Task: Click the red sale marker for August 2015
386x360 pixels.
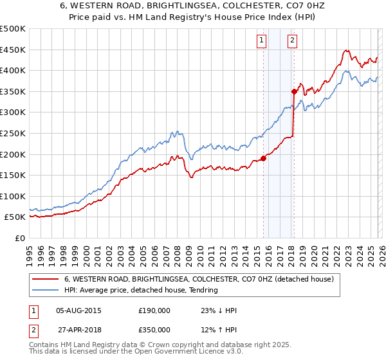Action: pyautogui.click(x=263, y=158)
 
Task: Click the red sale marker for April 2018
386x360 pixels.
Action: pyautogui.click(x=294, y=91)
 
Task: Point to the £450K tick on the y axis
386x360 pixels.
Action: pyautogui.click(x=13, y=50)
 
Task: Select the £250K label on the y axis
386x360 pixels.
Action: pyautogui.click(x=13, y=133)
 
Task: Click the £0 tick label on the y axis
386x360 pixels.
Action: pyautogui.click(x=19, y=238)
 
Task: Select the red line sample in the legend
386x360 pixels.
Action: pyautogui.click(x=46, y=280)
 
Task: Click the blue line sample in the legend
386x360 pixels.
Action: pyautogui.click(x=46, y=290)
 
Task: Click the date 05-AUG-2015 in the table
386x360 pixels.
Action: pyautogui.click(x=79, y=310)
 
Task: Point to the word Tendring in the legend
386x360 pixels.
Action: pyautogui.click(x=204, y=290)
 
